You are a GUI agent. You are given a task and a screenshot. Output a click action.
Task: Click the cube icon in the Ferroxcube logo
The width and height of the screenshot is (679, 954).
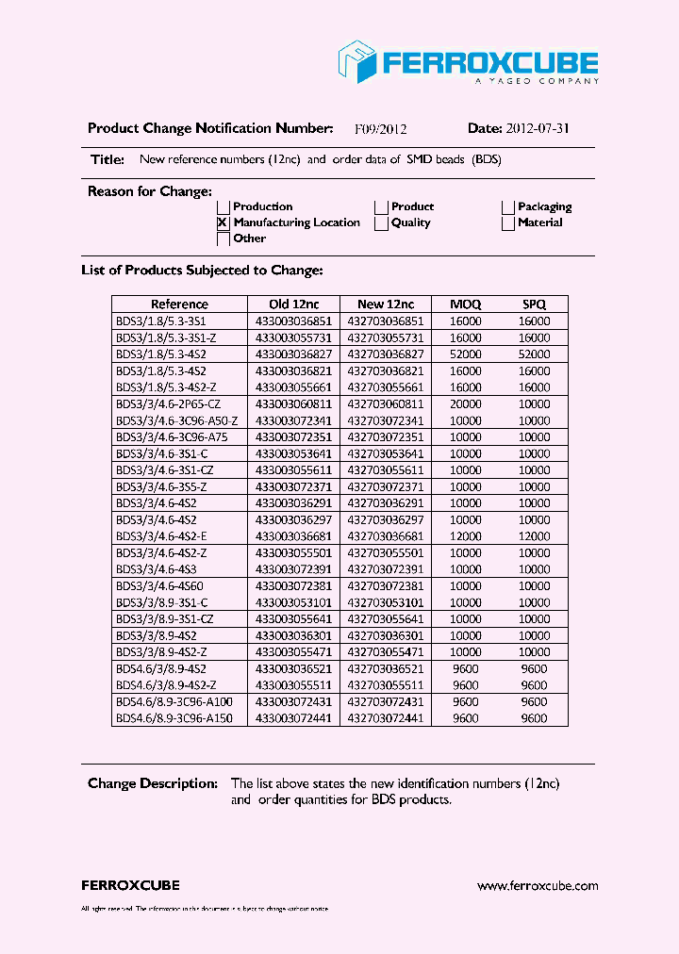[357, 62]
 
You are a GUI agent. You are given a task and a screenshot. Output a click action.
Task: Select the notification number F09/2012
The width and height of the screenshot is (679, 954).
[380, 129]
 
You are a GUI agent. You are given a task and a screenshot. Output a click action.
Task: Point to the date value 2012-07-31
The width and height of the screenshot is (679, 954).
[538, 129]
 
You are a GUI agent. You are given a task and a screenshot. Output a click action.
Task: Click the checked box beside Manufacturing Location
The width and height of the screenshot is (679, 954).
[224, 223]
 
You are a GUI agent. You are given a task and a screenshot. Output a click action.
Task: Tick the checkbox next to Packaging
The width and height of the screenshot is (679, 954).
[508, 207]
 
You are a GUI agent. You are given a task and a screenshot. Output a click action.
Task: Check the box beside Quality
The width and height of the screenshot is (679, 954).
[381, 223]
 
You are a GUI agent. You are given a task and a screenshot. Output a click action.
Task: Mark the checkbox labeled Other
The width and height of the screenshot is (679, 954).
[224, 239]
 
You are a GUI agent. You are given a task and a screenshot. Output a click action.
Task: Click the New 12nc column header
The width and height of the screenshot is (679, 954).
[386, 304]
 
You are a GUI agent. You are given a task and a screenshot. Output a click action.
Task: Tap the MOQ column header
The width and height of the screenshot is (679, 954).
[465, 304]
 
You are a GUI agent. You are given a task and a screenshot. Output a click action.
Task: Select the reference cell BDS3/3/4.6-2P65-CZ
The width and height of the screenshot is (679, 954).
[168, 403]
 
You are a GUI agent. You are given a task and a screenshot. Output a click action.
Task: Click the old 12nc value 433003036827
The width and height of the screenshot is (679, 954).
[294, 354]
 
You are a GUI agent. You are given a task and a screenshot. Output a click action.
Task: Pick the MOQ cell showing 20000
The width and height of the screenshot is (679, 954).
[465, 403]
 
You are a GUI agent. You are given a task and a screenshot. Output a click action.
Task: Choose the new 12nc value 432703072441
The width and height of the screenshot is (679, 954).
[386, 718]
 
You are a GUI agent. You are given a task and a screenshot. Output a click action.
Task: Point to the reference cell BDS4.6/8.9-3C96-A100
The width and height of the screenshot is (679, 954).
[174, 701]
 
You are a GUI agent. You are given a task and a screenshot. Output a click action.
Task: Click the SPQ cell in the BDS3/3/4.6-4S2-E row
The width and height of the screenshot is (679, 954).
[534, 535]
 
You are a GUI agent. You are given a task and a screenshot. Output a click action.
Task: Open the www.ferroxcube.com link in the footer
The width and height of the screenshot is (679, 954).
[538, 886]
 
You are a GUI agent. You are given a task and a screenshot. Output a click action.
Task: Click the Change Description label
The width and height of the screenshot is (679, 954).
[152, 783]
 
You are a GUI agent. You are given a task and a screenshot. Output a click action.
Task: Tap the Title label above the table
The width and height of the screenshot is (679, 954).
[108, 160]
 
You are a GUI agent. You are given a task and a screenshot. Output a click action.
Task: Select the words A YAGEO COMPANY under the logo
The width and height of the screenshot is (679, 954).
[536, 82]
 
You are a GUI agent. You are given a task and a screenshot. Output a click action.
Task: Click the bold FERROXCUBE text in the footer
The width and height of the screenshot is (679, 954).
[130, 886]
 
